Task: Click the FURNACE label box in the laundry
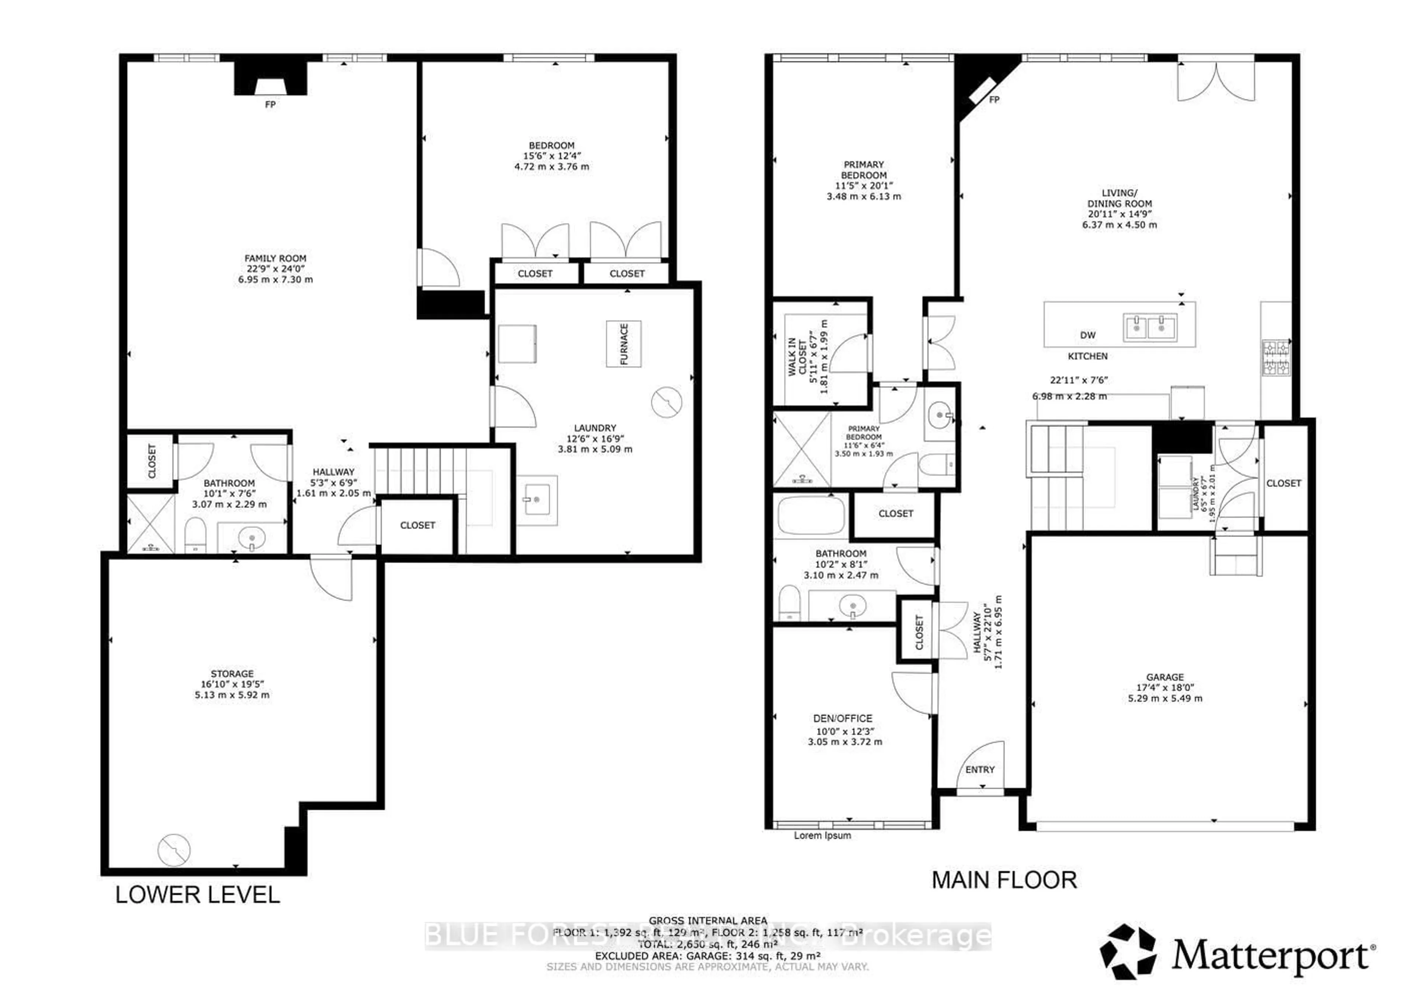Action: tap(624, 344)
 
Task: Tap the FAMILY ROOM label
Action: tap(275, 259)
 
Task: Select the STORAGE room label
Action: tap(232, 674)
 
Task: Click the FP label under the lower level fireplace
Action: tap(270, 105)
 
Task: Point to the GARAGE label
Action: tap(1165, 677)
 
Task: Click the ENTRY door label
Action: tap(980, 769)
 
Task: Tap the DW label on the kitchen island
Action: tap(1087, 335)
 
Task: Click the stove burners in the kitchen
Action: tap(1276, 358)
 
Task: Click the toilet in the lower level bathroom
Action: tap(195, 534)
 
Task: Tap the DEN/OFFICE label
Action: tap(843, 719)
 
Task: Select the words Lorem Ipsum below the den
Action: tap(822, 836)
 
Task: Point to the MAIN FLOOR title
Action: tap(1004, 880)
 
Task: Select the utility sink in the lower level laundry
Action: tap(537, 500)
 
